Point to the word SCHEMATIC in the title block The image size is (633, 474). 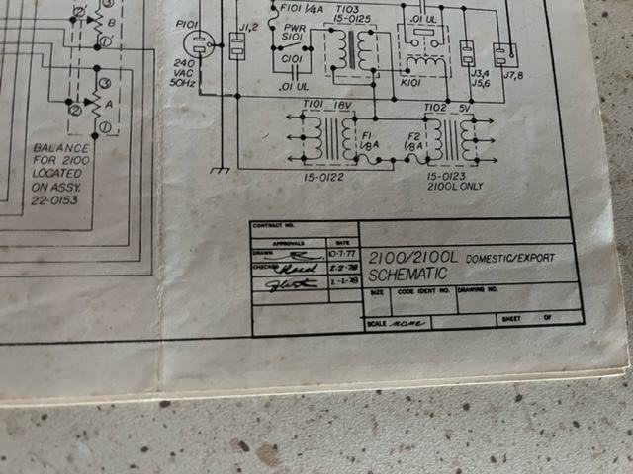[x=407, y=273]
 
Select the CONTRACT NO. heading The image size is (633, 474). [x=273, y=226]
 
